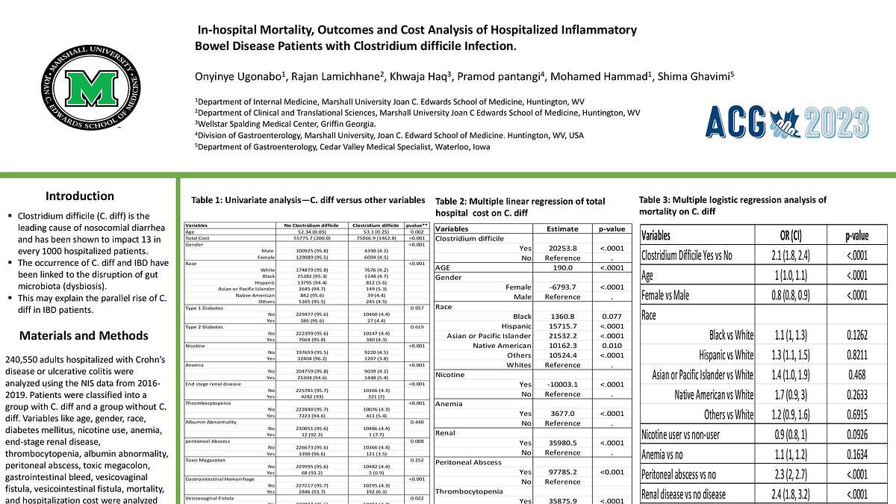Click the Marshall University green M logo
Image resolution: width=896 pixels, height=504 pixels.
click(x=90, y=88)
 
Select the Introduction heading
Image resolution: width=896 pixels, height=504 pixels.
click(x=80, y=196)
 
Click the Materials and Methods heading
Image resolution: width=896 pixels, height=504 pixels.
click(x=84, y=335)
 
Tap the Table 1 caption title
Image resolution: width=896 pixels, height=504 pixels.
click(x=308, y=200)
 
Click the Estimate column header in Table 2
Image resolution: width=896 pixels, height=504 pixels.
click(x=557, y=229)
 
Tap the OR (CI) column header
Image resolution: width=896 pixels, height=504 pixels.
click(x=785, y=236)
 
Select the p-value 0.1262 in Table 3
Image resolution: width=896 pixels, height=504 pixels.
click(x=856, y=335)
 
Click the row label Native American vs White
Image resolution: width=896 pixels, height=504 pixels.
click(x=714, y=394)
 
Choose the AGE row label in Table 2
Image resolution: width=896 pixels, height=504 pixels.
click(x=443, y=267)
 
